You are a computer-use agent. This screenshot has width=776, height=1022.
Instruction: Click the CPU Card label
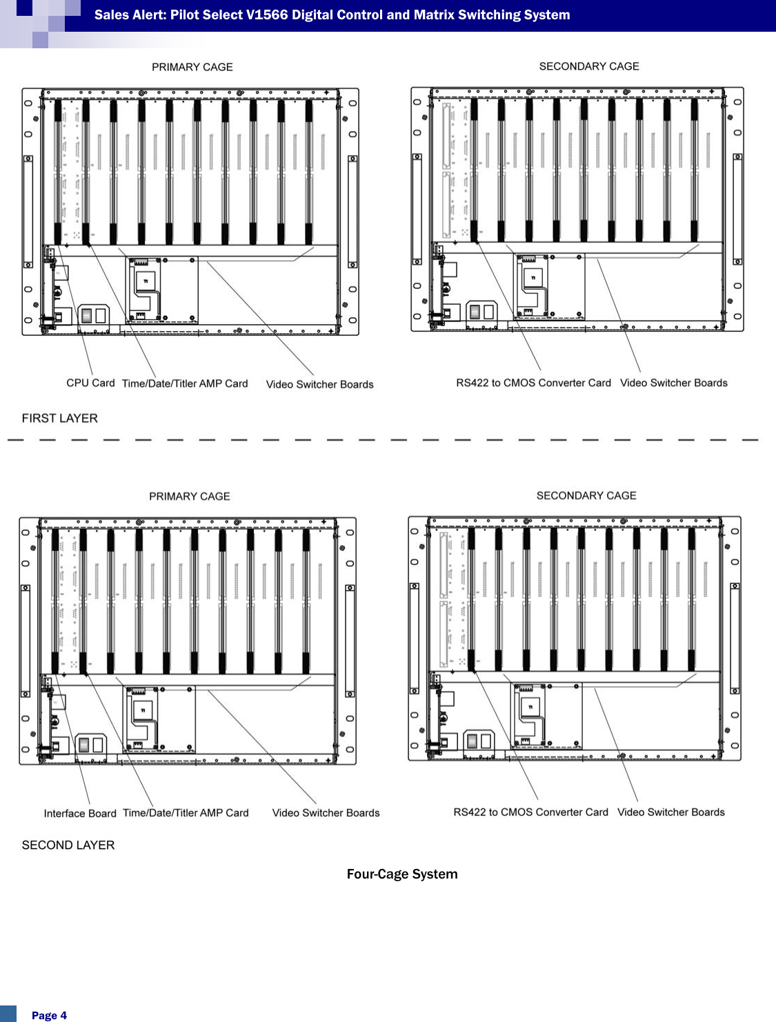click(90, 383)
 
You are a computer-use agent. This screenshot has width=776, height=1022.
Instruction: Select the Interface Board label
click(80, 813)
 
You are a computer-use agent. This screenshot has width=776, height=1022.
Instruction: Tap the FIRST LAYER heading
click(60, 418)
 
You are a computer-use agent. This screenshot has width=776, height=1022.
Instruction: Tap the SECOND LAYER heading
click(68, 845)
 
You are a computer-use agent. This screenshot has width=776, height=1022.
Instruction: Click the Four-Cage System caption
click(402, 874)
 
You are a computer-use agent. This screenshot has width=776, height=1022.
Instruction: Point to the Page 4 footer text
click(49, 1015)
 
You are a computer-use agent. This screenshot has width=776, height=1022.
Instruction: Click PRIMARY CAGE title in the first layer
click(192, 67)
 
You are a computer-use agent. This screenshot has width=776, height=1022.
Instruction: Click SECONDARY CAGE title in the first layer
click(589, 66)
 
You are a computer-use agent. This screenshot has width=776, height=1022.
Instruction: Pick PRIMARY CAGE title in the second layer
click(190, 496)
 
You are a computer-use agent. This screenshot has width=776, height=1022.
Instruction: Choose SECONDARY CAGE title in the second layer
click(586, 495)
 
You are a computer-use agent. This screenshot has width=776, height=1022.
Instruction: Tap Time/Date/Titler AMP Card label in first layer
click(185, 383)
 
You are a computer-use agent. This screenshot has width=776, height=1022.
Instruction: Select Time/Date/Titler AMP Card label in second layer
click(186, 812)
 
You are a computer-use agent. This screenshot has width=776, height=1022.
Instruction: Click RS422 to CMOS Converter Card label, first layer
click(533, 383)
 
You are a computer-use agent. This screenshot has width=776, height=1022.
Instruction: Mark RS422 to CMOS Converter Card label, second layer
click(530, 812)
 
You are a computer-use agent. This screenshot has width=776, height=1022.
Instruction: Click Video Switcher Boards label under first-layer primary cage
click(319, 384)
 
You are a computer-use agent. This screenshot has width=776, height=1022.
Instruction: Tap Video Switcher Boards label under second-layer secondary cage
click(671, 812)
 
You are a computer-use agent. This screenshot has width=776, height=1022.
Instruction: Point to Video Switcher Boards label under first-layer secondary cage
click(674, 383)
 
